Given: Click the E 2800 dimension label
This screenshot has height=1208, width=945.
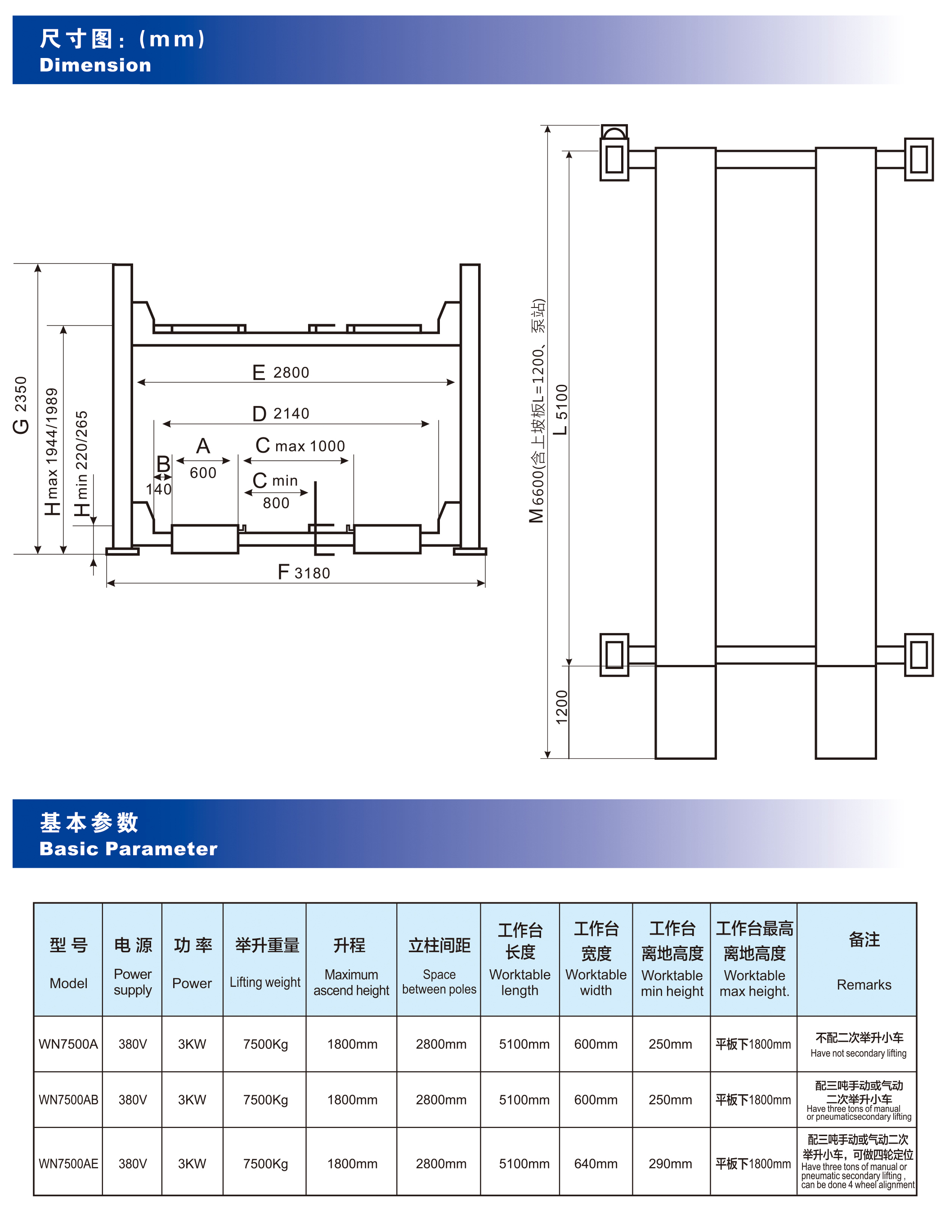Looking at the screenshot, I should [x=281, y=372].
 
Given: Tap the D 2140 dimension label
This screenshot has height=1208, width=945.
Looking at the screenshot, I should [x=281, y=414].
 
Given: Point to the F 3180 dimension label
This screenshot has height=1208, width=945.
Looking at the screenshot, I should [x=304, y=572].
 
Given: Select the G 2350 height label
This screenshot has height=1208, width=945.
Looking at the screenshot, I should [x=21, y=405].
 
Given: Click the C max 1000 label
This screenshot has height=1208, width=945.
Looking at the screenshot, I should [x=300, y=446].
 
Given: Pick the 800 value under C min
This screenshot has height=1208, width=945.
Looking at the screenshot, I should [x=276, y=503].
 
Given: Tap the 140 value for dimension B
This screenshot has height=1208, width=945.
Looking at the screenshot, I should [x=159, y=489].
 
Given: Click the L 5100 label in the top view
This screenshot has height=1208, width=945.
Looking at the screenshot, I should [x=561, y=409].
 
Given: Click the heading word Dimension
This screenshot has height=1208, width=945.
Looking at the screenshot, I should [x=95, y=65].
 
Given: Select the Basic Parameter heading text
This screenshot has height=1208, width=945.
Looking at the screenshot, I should [x=128, y=848].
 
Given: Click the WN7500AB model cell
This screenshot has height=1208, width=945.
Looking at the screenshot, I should [x=68, y=1100].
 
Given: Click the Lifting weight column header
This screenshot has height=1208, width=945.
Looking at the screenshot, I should [x=265, y=982].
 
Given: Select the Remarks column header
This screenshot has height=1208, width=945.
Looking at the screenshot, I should [x=864, y=985].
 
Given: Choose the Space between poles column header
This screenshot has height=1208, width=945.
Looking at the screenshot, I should [x=439, y=982].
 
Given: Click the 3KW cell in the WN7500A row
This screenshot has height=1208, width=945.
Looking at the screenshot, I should [x=192, y=1044].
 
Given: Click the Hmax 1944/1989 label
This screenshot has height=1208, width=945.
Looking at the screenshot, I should [x=51, y=451].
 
